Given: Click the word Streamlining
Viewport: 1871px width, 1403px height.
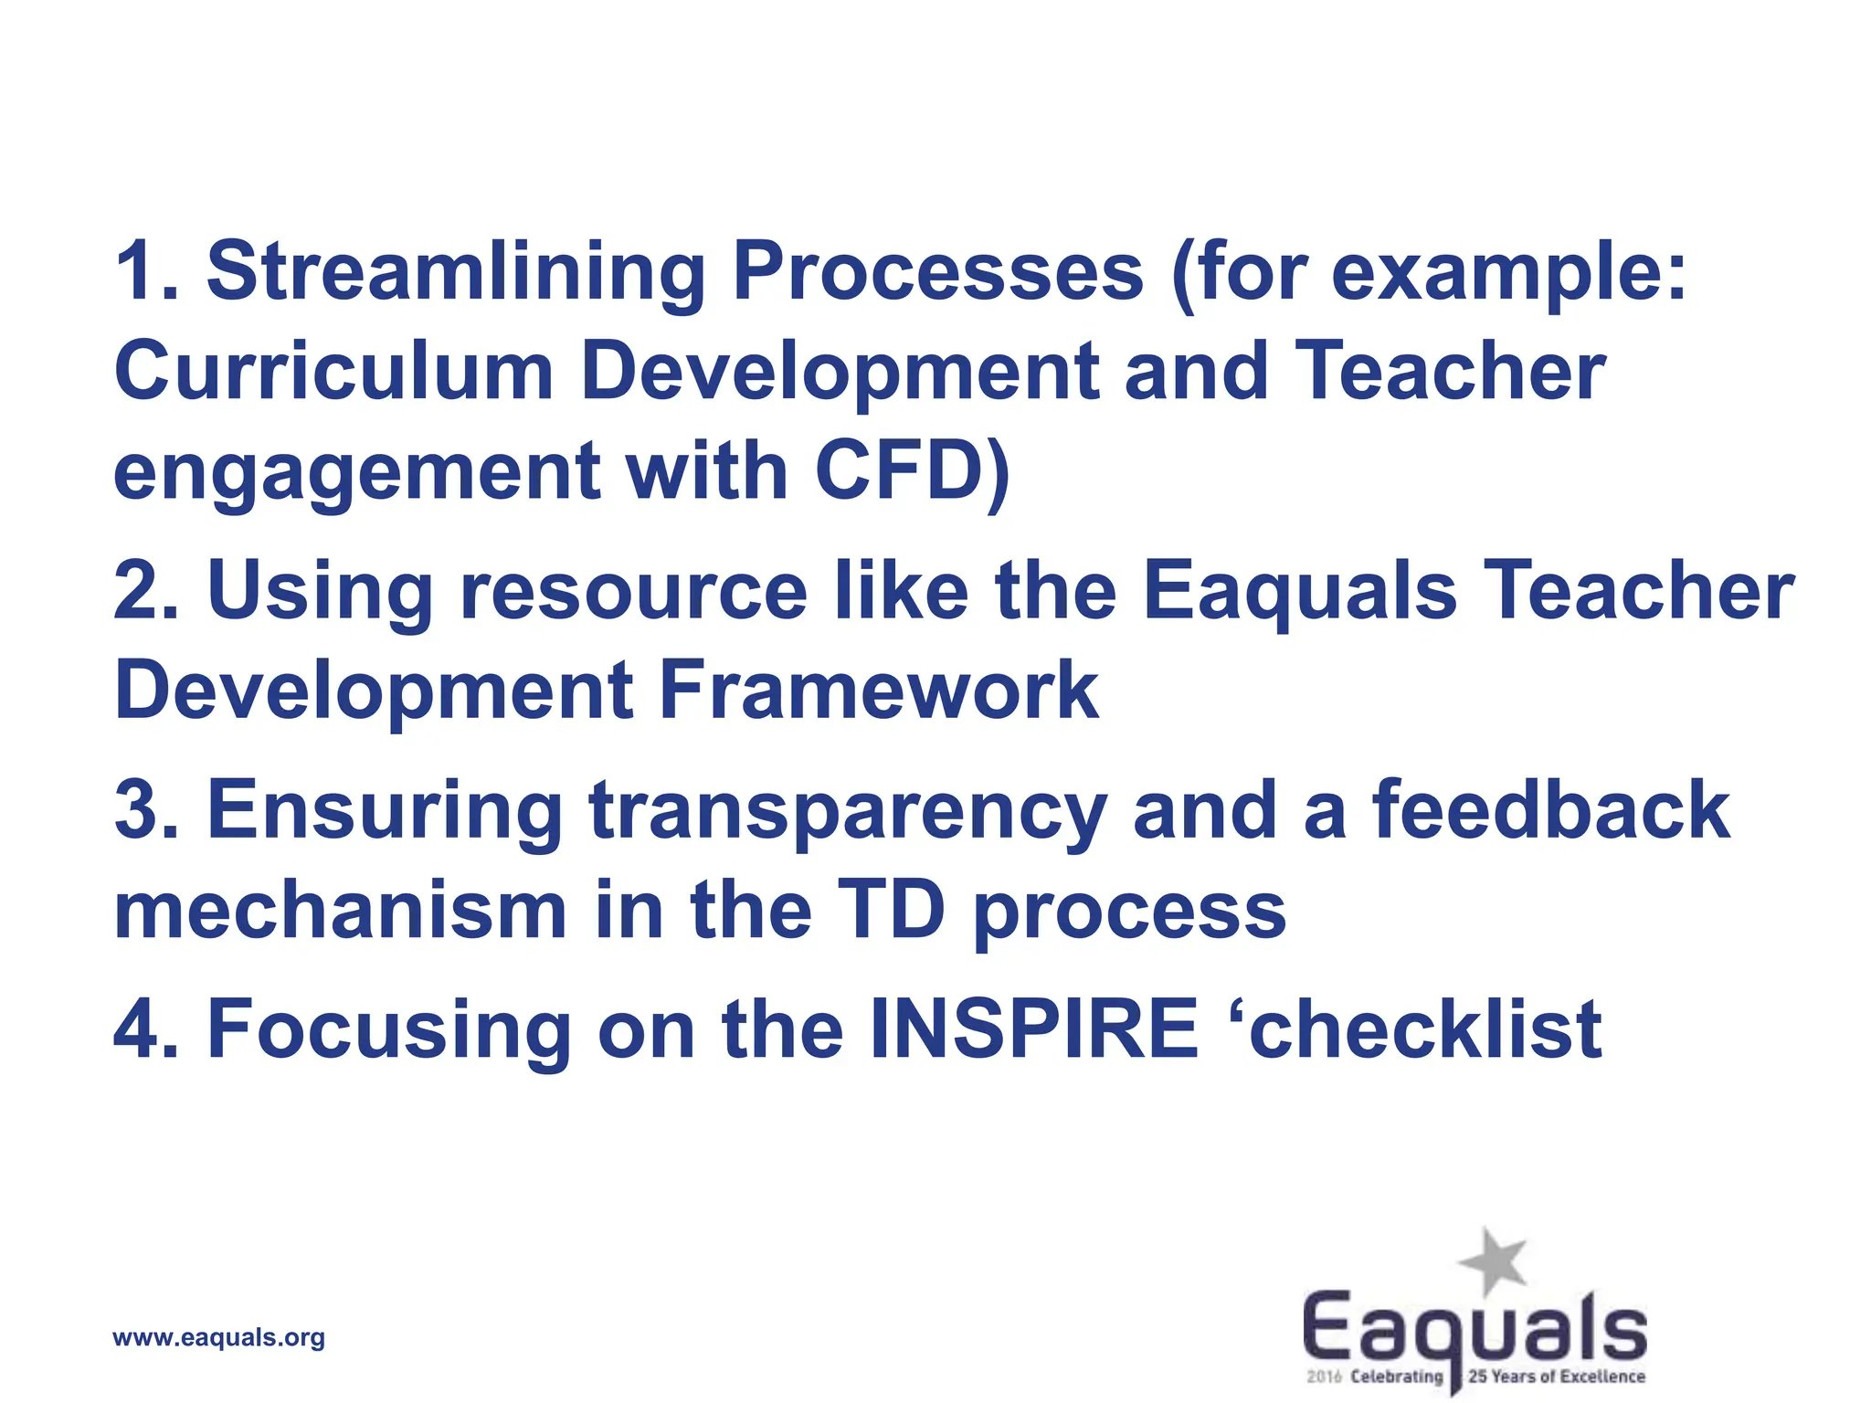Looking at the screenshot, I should (456, 272).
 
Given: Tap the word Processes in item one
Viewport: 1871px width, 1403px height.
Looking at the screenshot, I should (937, 272).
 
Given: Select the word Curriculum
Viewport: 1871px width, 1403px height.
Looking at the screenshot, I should (334, 372).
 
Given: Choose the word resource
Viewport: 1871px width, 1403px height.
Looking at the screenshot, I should (633, 592).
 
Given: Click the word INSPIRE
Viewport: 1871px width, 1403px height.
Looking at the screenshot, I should (1033, 1029).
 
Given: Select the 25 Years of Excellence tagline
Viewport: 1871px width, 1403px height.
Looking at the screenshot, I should (1557, 1377).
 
